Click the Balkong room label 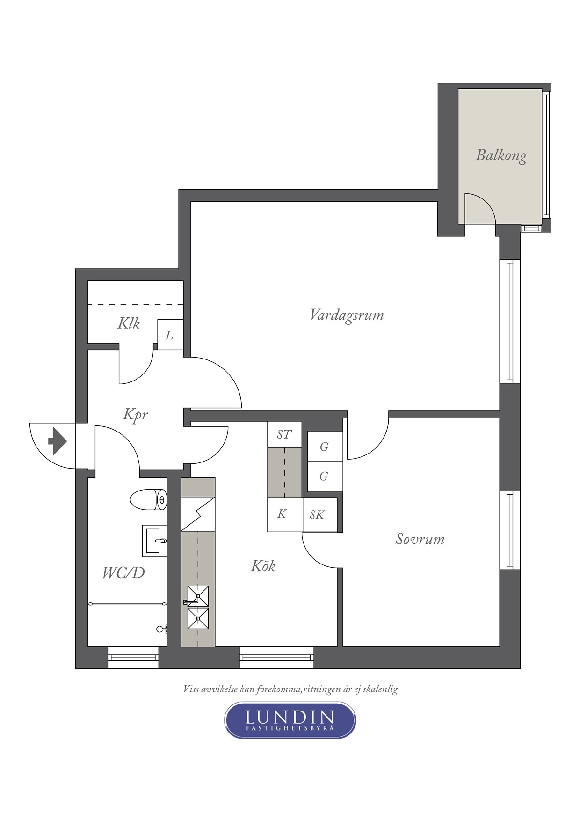501,155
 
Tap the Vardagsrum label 347,315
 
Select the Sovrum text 420,539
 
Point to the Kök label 263,566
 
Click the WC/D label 123,572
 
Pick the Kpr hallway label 136,415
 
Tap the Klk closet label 129,323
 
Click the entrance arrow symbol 58,441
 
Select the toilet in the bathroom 148,500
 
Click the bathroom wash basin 155,540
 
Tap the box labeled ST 284,434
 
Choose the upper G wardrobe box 325,447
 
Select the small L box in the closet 170,335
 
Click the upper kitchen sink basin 198,596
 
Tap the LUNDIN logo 290,720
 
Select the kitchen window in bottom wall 276,657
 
